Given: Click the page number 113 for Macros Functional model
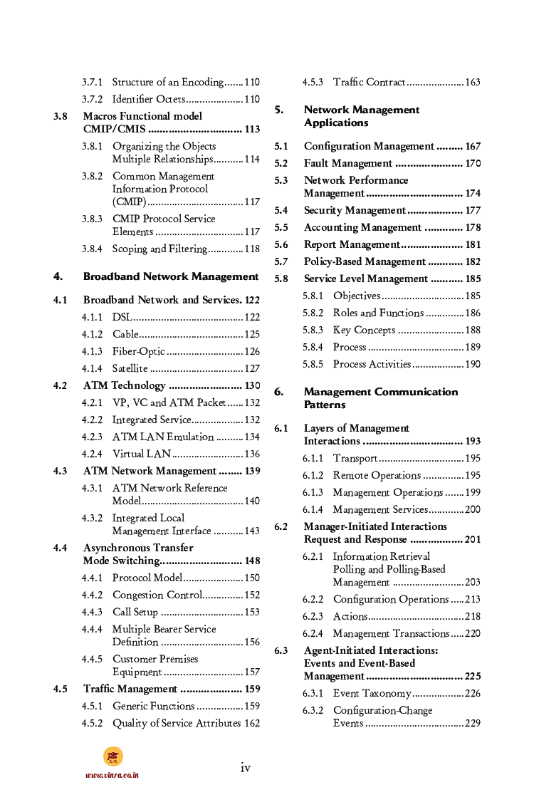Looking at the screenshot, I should pos(252,130).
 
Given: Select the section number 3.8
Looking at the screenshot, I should pos(61,116).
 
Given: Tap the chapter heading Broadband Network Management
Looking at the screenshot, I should pos(171,276).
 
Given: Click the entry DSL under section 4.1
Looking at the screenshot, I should pos(122,317).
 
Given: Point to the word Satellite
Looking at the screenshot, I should pos(130,368).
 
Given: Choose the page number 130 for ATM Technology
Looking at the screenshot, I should pos(252,385).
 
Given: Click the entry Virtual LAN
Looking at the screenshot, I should pos(142,454).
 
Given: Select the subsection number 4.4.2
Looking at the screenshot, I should pos(92,595).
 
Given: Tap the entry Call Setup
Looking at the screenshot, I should pos(135,612).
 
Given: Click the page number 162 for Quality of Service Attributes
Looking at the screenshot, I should pos(252,723).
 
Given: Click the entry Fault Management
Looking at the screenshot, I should pos(347,163).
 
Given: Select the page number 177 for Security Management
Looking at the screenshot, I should pos(473,210).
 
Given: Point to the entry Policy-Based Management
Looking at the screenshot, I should pos(364,261).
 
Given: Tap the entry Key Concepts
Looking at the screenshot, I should pos(364,330).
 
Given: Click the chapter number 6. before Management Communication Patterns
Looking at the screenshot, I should pos(279,392).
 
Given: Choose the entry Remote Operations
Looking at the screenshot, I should pos(377,475).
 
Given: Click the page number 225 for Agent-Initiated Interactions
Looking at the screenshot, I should pos(473,676).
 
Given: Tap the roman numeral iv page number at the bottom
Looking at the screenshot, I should pos(245,767).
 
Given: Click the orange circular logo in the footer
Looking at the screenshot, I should pos(112,756).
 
